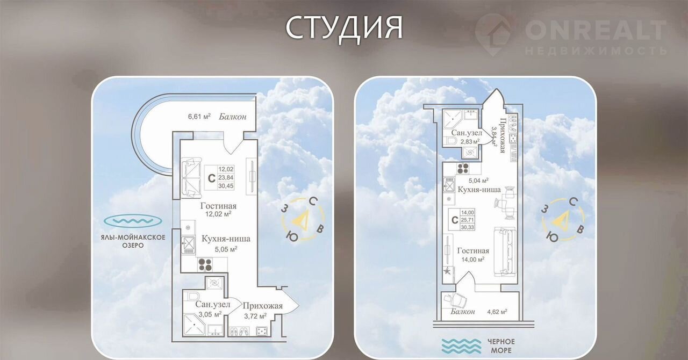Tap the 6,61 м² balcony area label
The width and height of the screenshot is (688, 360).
pos(199,117)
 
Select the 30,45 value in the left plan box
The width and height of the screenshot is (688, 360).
pos(226,185)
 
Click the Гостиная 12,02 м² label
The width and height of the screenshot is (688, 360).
pos(218,210)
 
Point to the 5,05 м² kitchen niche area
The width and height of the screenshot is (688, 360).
pos(226,249)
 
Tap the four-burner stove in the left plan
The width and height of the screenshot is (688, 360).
pos(205,265)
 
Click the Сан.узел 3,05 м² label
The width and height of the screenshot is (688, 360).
pos(212,309)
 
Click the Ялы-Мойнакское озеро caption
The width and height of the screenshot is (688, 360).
pos(133,241)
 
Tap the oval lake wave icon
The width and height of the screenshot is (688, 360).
pos(133,221)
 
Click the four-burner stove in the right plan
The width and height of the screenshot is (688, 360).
pos(463,168)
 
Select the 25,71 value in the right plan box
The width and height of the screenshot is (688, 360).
pos(467,220)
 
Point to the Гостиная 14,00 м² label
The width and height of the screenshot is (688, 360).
pos(473,255)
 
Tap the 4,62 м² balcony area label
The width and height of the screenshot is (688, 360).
pos(497,312)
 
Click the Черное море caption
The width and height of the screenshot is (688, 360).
pos(501,346)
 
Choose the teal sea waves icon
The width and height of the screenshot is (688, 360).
pos(461,346)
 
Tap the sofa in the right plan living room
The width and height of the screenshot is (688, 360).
pos(505,251)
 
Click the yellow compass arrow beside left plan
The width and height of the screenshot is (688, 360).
pos(299,218)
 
